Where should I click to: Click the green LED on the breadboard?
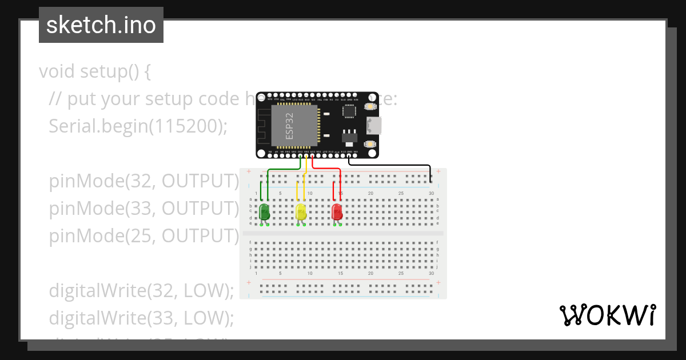tap(264, 211)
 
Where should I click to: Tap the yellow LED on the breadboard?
tap(301, 212)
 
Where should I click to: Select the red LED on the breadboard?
tap(337, 212)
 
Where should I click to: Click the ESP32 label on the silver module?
tap(290, 126)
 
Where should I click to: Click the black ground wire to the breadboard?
tap(400, 165)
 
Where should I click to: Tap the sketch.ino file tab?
tap(101, 25)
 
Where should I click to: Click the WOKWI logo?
tap(607, 315)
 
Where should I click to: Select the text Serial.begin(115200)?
tap(138, 126)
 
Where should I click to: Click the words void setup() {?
tap(94, 71)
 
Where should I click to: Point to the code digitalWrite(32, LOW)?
tap(141, 291)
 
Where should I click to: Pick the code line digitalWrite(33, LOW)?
tap(141, 318)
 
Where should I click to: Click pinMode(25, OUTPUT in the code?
tap(143, 235)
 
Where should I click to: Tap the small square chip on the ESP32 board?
tap(348, 111)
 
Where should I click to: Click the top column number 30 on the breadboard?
tap(431, 193)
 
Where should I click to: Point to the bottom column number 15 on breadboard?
tap(340, 274)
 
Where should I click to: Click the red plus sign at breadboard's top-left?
tap(249, 171)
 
